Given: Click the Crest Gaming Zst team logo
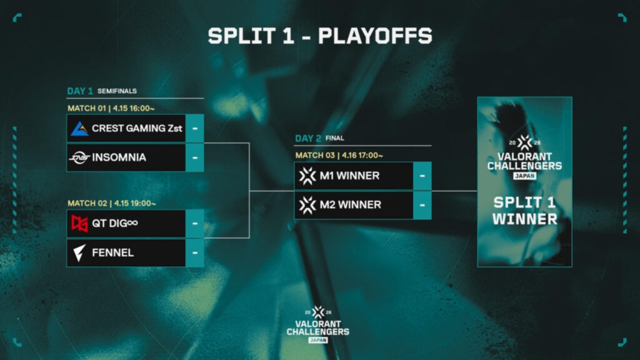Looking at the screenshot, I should click(x=79, y=128).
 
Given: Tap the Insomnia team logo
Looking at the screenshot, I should click(x=79, y=157).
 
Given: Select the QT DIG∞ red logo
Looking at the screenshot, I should click(x=79, y=224).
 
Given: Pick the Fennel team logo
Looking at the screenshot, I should click(x=79, y=253).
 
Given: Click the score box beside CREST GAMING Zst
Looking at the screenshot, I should click(x=195, y=128).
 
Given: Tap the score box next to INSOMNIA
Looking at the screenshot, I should click(x=195, y=157).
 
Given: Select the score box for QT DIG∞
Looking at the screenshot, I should click(x=195, y=224).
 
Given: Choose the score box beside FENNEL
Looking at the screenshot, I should click(x=195, y=253).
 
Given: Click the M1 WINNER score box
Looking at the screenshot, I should click(x=422, y=176).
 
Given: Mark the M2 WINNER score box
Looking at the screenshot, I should click(x=422, y=205).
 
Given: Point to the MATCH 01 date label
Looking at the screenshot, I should click(x=112, y=107).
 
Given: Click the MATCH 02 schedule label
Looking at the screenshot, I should click(x=112, y=203).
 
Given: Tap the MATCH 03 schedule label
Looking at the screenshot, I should click(x=339, y=155).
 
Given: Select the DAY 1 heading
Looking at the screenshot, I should click(x=81, y=91).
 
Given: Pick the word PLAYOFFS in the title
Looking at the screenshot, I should click(x=375, y=36).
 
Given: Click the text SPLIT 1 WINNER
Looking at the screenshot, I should click(x=524, y=211).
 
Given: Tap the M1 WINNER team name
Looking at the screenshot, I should click(x=349, y=176).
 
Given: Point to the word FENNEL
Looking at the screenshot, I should click(x=112, y=253).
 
